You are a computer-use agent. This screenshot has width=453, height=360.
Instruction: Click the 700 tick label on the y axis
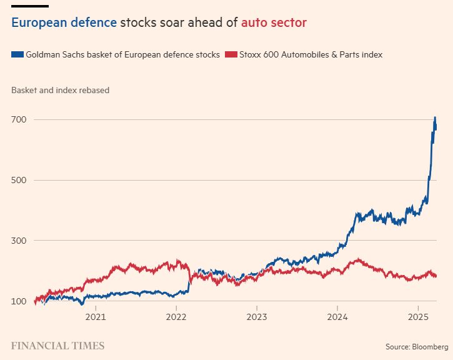[x=20, y=119]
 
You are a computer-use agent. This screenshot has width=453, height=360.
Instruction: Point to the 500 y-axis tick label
[x=20, y=180]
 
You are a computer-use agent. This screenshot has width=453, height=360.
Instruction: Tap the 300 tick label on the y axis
[x=20, y=241]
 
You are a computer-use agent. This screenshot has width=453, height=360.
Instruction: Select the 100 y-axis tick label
[x=20, y=301]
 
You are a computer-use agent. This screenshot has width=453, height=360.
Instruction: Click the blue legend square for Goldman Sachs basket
[x=17, y=55]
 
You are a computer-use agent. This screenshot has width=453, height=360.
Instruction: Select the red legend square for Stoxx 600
[x=232, y=55]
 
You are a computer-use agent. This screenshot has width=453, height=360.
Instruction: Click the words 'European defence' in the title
[x=64, y=23]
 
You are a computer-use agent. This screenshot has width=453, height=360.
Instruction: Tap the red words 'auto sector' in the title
[x=274, y=23]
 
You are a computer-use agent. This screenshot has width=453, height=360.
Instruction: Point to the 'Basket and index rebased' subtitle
[x=60, y=90]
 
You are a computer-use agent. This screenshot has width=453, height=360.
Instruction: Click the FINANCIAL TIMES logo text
[x=57, y=346]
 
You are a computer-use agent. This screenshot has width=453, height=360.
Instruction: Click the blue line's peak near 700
[x=435, y=117]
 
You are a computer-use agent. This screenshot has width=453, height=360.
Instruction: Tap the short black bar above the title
[x=29, y=6]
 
